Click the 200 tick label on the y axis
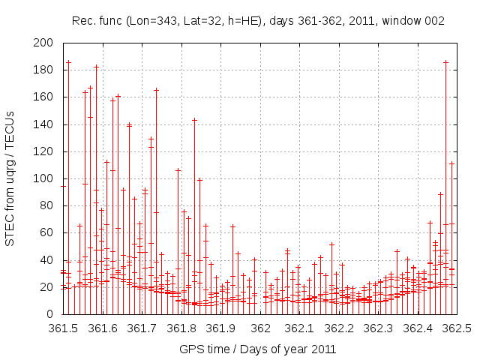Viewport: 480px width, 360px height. (x=43, y=43)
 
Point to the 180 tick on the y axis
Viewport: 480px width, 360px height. (x=43, y=70)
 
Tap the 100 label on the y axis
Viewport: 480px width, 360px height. (x=43, y=178)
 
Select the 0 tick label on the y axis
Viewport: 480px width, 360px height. (x=49, y=314)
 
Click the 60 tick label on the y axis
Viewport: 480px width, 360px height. (x=46, y=232)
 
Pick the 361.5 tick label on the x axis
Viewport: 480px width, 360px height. (x=63, y=328)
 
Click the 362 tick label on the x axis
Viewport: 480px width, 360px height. (x=260, y=328)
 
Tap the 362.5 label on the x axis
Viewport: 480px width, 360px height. (x=457, y=328)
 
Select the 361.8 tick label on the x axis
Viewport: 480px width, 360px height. (x=181, y=328)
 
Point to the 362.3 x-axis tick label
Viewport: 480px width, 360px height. (x=379, y=328)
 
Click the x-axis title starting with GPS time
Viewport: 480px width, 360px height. (x=257, y=349)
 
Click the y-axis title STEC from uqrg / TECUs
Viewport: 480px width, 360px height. (x=10, y=178)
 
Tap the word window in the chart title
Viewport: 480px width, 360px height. (x=403, y=20)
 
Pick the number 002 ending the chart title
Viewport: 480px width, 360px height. (x=435, y=20)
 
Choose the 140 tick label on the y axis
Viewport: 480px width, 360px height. (x=43, y=124)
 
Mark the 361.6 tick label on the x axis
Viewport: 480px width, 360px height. (x=103, y=328)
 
